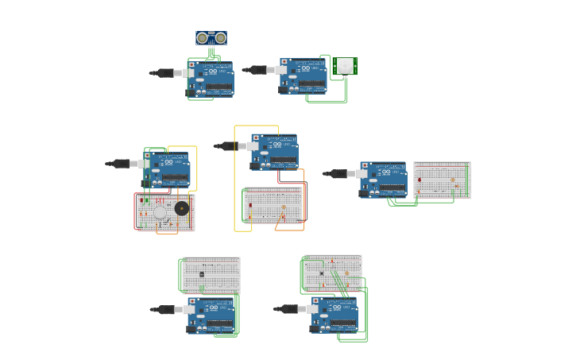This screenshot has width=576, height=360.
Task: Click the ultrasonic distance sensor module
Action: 211,38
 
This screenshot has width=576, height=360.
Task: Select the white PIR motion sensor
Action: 345,66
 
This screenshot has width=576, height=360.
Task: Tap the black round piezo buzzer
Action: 182,208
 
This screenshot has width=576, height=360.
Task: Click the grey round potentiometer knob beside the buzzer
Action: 160,212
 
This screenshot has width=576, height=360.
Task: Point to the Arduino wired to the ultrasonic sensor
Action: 211,79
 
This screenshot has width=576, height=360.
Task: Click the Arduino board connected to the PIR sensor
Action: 303,76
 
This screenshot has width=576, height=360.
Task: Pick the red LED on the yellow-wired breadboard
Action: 250,206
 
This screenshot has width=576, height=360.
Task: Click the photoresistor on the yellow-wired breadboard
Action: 284,207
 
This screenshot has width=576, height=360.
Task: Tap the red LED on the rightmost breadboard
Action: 419,180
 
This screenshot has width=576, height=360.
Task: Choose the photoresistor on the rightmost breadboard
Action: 453,180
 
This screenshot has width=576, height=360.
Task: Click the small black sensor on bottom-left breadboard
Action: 202,274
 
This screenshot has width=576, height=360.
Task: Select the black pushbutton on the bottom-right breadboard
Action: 322,273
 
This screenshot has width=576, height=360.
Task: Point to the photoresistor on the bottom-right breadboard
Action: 346,273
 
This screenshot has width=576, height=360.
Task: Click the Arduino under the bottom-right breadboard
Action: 334,315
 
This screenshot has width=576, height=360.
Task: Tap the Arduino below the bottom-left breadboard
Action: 211,315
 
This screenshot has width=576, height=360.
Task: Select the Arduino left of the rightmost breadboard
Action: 383,180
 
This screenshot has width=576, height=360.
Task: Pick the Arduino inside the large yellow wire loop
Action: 275,152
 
